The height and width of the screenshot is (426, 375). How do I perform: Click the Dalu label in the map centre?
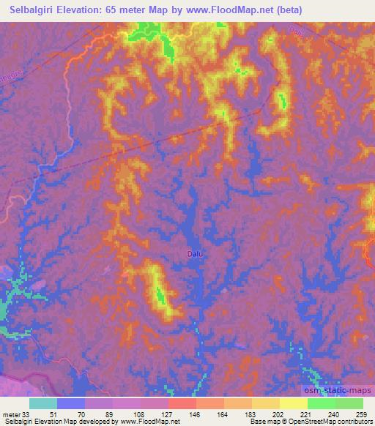coord(195,254)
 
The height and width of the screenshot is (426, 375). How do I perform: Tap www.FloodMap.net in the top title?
coord(223,10)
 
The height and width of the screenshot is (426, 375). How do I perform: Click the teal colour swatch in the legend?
coord(43,403)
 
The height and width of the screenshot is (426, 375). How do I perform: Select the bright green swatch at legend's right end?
coord(349,403)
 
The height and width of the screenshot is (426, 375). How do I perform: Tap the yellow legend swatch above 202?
coord(266,403)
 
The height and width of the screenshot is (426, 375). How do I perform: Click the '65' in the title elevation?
coord(114,10)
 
